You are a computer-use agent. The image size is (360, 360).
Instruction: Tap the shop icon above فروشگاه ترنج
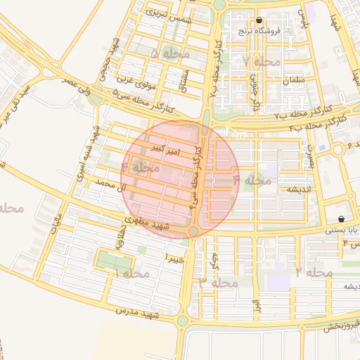[259, 20]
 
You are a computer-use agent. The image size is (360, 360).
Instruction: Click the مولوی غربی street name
[136, 82]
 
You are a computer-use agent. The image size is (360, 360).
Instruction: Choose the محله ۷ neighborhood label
[262, 62]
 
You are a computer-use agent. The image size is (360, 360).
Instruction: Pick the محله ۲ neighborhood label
[314, 271]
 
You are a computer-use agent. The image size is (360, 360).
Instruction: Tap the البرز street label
[257, 307]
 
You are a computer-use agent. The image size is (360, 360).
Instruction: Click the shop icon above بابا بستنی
[341, 219]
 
